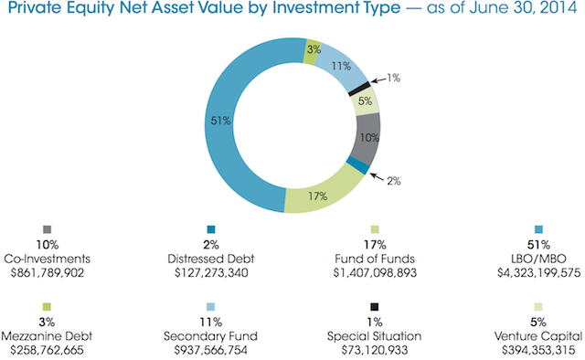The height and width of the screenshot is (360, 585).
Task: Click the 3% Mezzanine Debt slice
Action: tap(312, 51)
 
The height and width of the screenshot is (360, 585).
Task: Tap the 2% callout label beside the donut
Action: tap(394, 182)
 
